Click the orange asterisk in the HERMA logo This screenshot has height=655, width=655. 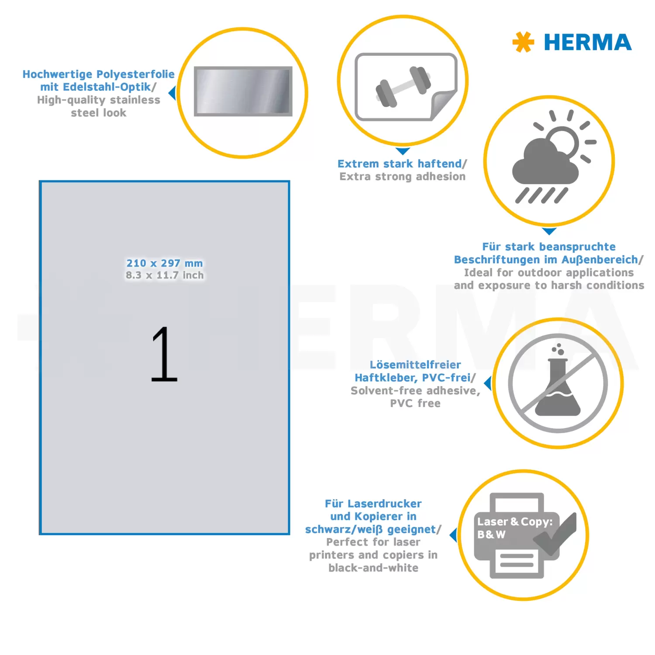(523, 42)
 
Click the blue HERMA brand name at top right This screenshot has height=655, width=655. (588, 42)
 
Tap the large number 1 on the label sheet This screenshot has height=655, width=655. (164, 354)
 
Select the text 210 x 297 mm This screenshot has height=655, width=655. (165, 263)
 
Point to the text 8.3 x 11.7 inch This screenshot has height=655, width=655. (165, 275)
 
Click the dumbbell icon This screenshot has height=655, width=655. (403, 86)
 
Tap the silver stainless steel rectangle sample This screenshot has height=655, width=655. (243, 91)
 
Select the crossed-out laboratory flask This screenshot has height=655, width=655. (558, 383)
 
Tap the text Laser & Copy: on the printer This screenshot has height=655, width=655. (515, 522)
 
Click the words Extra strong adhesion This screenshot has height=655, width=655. (403, 176)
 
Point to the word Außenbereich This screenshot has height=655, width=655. (600, 260)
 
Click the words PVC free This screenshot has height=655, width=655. (415, 403)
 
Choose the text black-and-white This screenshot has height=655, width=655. (373, 568)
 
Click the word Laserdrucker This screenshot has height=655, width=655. (384, 503)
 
